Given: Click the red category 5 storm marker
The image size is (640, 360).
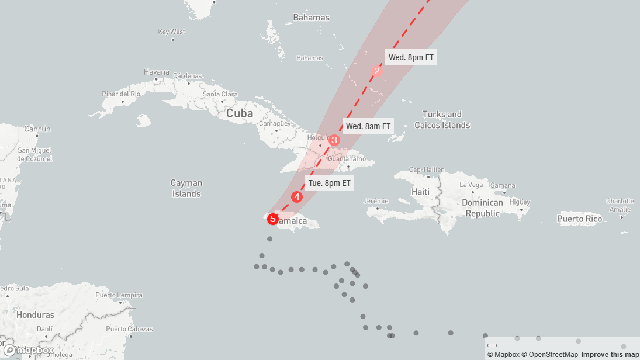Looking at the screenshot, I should click(x=272, y=219).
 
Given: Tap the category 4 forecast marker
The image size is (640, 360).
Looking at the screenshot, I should click(x=297, y=197).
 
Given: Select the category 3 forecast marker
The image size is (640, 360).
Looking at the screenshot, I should click(x=334, y=140).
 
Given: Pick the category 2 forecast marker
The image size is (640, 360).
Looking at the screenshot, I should click(x=377, y=71).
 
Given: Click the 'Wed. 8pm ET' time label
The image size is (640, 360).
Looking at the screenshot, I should click(x=411, y=57).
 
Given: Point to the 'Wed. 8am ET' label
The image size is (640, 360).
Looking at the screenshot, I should click(x=368, y=126).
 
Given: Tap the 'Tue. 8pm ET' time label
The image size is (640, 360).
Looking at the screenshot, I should click(x=330, y=183).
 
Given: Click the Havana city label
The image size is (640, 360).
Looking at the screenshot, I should click(x=157, y=72).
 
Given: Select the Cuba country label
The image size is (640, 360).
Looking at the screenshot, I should click(x=240, y=113).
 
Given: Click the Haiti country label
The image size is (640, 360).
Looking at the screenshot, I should click(x=421, y=192).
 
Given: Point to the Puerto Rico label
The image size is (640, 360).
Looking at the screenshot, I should click(x=579, y=219).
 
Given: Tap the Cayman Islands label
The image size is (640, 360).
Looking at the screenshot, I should click(x=186, y=188).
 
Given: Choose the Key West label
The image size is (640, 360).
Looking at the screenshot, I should click(x=172, y=32).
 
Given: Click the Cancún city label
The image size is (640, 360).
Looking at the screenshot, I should click(x=37, y=129).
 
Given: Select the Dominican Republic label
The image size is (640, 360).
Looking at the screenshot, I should click(x=482, y=208).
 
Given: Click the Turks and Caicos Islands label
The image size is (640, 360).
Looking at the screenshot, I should click(x=442, y=120).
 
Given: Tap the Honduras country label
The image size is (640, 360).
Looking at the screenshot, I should click(x=36, y=315).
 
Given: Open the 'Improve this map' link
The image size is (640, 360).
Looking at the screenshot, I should click(x=610, y=355).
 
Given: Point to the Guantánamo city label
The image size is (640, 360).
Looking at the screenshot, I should click(x=347, y=159).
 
